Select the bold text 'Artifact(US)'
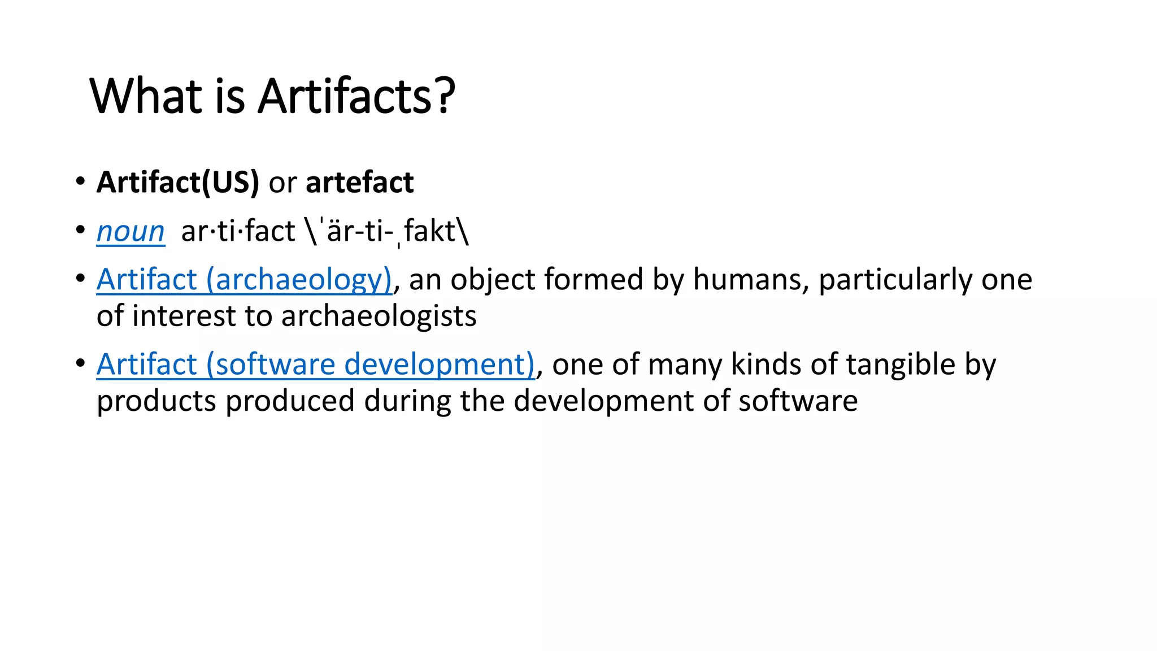coord(177,183)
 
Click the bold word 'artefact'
coord(359,183)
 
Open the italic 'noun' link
coord(131,231)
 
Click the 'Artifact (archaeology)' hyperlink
coord(244,280)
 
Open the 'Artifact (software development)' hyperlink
coord(315,364)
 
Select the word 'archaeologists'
coord(379,316)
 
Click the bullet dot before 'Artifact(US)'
coord(80,182)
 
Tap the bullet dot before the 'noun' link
coord(80,230)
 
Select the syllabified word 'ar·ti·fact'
coord(238,231)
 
